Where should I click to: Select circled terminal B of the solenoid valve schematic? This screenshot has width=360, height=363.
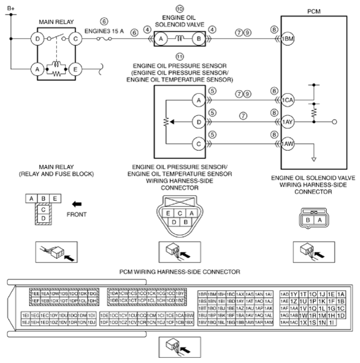tap(198, 39)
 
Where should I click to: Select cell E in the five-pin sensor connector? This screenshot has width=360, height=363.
tap(168, 213)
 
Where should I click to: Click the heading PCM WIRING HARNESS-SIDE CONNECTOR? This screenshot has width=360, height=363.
tap(180, 272)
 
